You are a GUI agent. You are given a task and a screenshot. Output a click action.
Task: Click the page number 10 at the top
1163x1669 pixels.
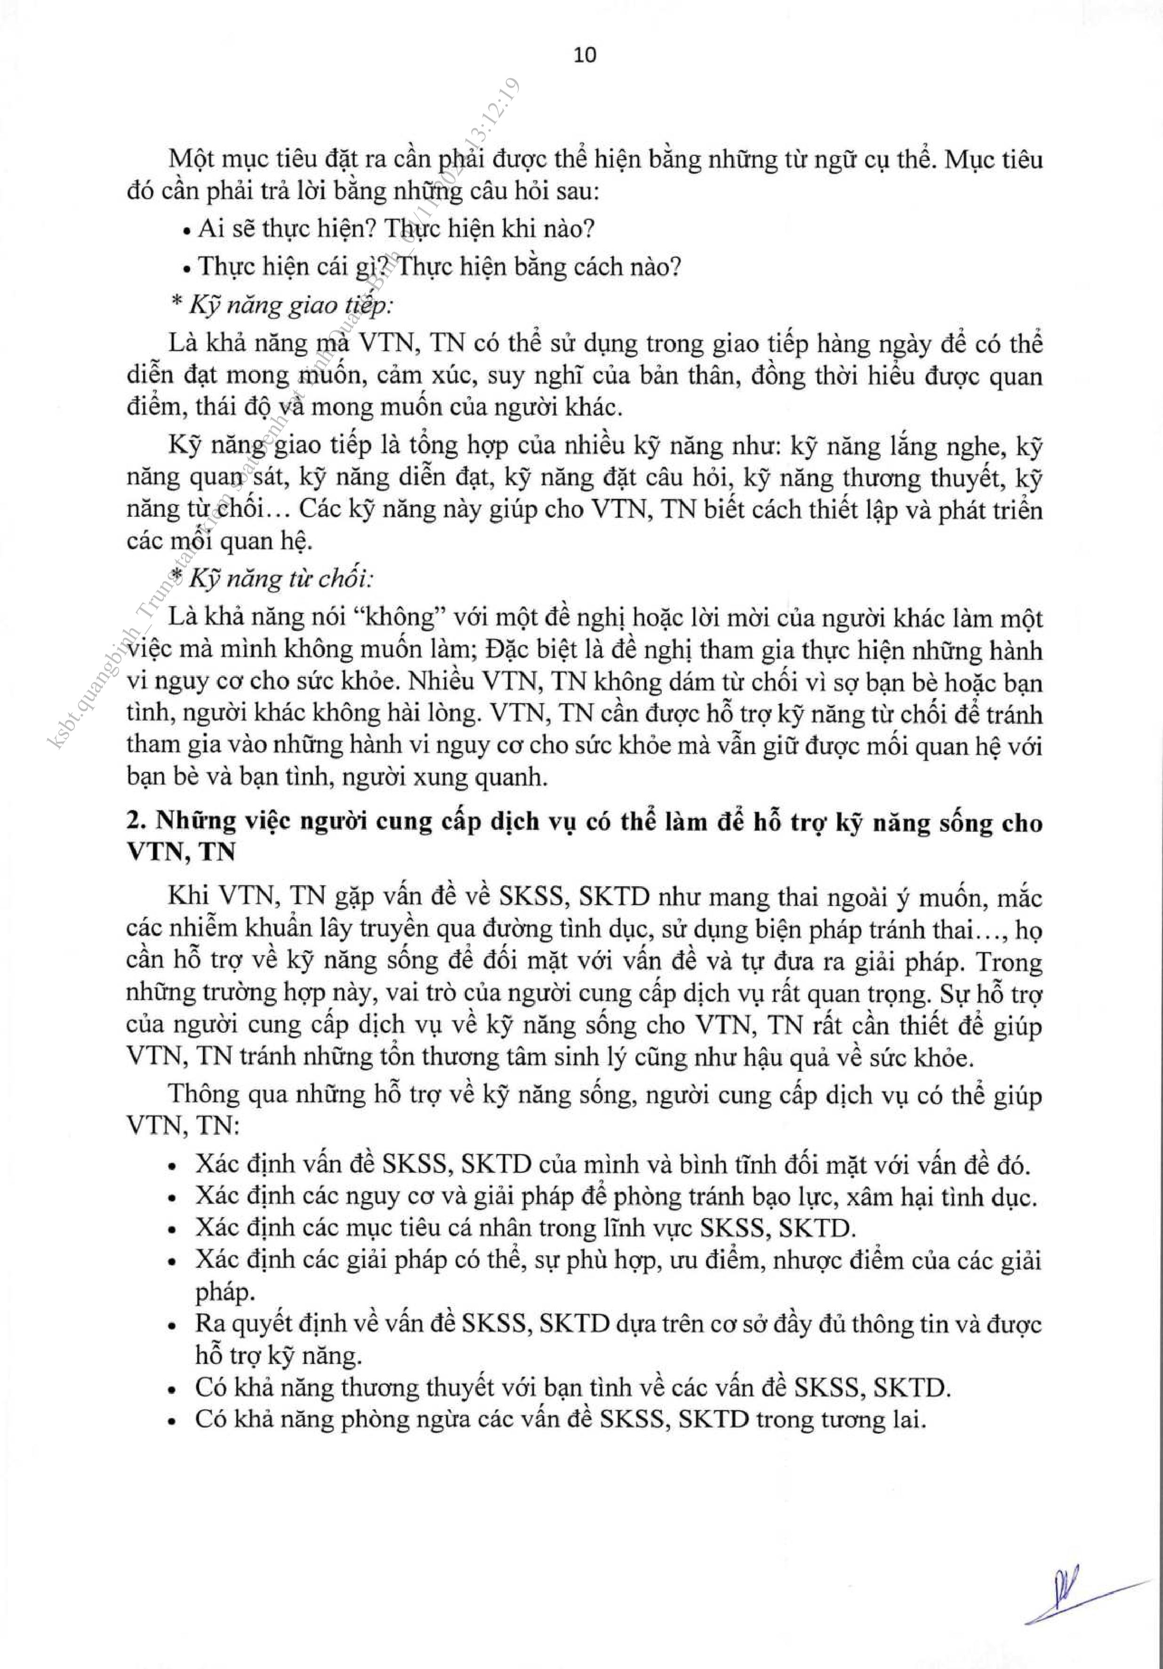(585, 55)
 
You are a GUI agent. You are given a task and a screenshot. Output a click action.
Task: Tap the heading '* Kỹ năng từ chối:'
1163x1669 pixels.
(273, 578)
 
